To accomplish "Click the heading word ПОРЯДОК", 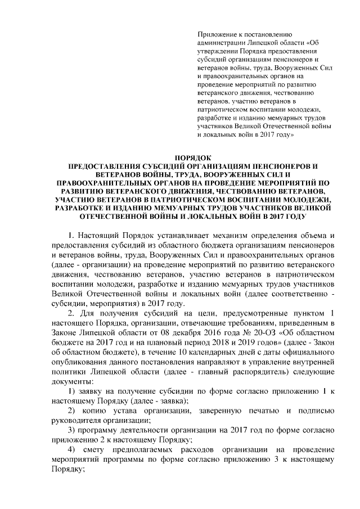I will pos(191,157).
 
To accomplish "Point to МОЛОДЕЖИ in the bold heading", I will pos(308,200).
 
